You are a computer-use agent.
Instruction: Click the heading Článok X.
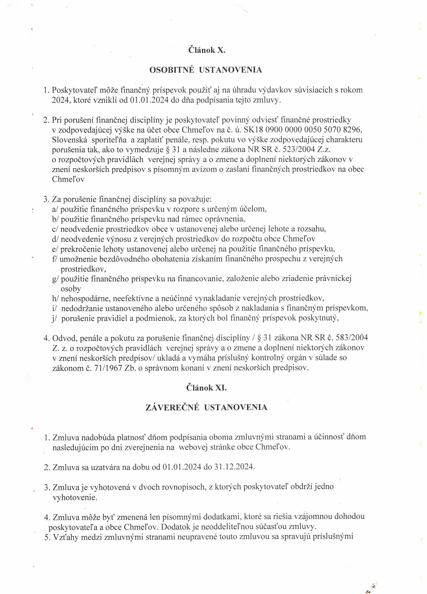click(207, 50)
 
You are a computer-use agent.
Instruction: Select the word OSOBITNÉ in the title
click(172, 70)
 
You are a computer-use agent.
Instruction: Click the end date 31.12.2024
click(234, 467)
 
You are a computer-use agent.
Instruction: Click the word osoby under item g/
click(71, 289)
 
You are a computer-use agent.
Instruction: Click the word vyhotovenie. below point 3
click(75, 497)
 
